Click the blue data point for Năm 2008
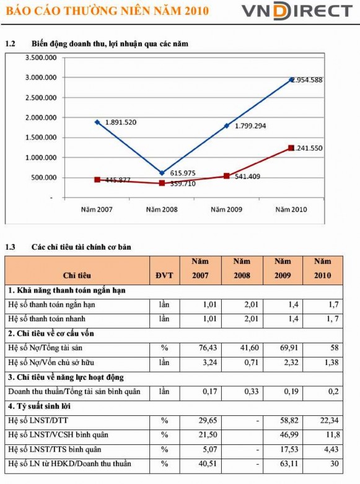(x=162, y=173)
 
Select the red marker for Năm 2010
(x=291, y=148)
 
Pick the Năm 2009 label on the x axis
(x=226, y=209)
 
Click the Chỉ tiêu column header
(x=78, y=275)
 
